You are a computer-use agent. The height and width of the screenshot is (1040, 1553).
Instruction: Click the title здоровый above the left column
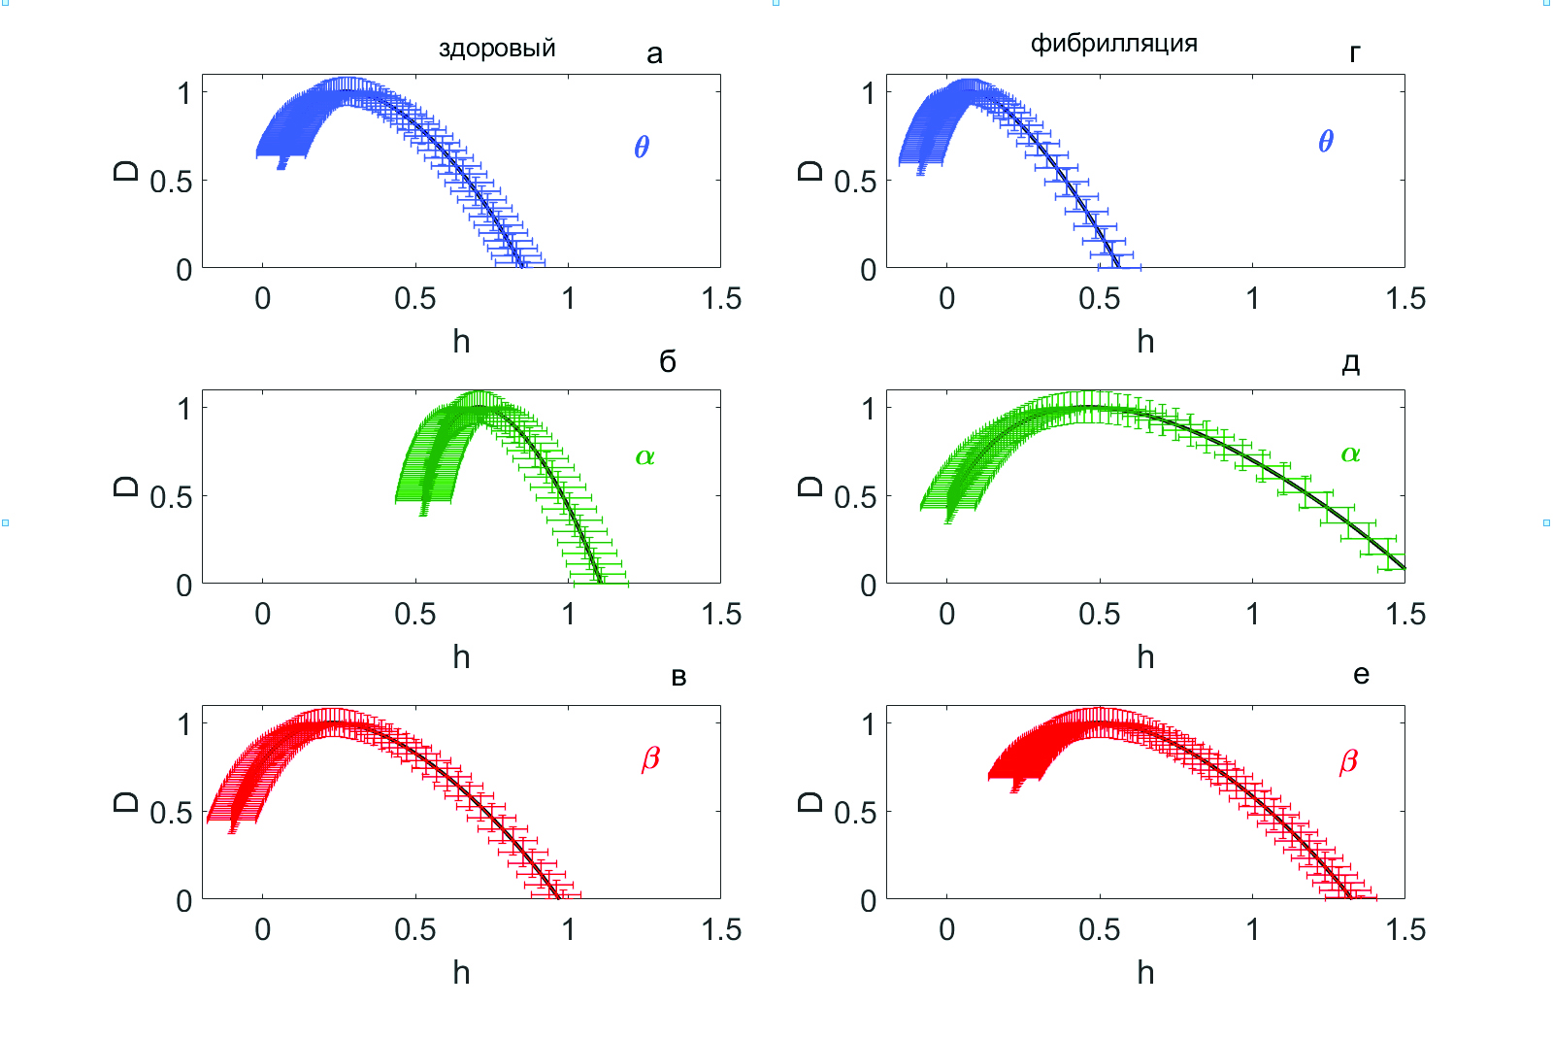click(497, 48)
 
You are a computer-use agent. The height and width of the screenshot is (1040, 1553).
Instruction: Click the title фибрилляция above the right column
click(1113, 44)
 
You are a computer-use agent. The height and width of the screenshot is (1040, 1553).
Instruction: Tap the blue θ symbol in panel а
click(642, 147)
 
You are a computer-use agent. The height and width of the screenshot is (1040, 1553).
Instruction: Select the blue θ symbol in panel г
click(1326, 142)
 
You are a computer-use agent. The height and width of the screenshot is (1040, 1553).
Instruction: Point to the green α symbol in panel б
click(645, 456)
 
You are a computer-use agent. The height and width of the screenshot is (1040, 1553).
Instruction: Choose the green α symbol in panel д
click(1350, 453)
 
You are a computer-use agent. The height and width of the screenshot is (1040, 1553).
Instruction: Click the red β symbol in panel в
click(650, 758)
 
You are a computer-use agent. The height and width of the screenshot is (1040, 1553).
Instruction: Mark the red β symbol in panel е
click(1348, 761)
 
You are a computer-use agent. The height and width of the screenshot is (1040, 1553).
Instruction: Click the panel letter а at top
click(654, 54)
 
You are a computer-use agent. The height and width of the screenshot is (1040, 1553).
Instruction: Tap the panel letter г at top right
click(1355, 53)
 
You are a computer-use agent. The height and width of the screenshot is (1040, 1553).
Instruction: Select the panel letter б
click(668, 361)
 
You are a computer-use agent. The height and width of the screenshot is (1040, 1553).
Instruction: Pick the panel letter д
click(1350, 363)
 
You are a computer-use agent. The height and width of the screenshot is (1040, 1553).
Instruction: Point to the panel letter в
click(678, 677)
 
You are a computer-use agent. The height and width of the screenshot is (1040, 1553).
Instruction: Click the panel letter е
click(1361, 675)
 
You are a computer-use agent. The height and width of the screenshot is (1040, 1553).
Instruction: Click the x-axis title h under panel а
click(461, 341)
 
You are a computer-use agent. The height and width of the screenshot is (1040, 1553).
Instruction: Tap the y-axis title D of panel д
click(810, 486)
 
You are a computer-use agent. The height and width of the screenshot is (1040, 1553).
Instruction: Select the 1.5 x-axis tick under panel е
click(1405, 929)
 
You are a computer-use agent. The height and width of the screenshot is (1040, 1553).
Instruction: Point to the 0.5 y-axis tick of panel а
click(171, 182)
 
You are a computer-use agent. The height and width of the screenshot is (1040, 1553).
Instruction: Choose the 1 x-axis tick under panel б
click(568, 614)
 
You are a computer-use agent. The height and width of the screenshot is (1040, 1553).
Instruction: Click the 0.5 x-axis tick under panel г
click(1099, 298)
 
